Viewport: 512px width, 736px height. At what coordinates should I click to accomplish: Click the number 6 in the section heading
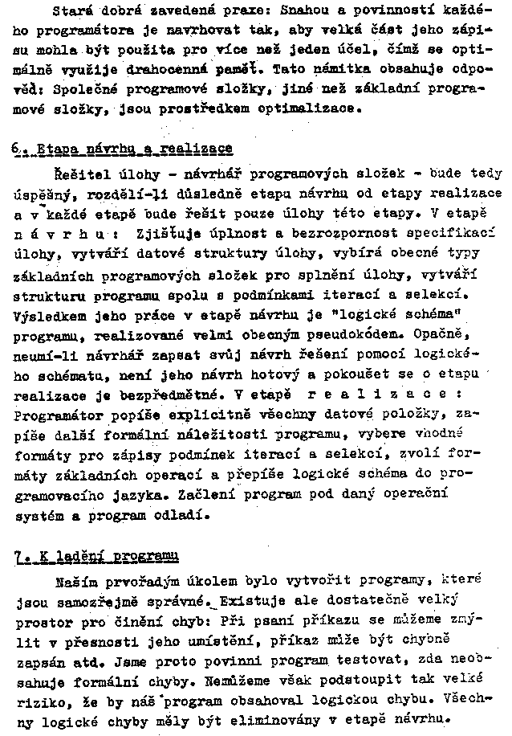[17, 149]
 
